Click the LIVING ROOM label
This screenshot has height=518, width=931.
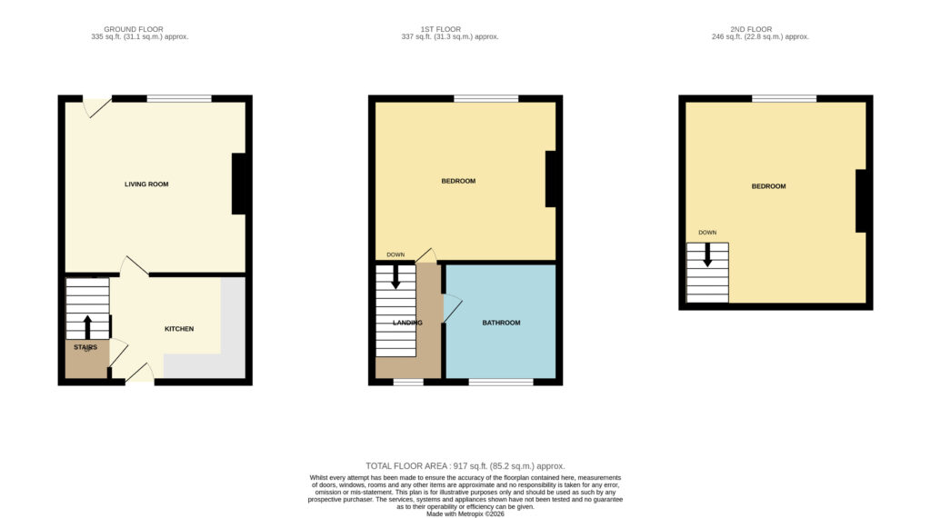[x=146, y=184]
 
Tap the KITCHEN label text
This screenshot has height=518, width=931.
[x=179, y=329]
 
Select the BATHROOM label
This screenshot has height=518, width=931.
[x=501, y=323]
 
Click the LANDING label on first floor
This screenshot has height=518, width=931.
[x=407, y=323]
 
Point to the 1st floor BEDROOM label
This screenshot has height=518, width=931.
[x=458, y=181]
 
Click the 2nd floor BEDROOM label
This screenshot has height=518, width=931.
[x=768, y=186]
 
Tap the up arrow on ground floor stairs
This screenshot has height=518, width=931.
[x=87, y=327]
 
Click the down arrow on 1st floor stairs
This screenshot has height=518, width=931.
[x=395, y=276]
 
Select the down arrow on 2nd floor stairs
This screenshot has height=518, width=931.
[x=707, y=254]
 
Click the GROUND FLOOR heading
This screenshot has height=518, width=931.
[x=134, y=29]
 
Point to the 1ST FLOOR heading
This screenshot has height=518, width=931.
[x=441, y=29]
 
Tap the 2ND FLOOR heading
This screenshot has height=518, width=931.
[x=751, y=29]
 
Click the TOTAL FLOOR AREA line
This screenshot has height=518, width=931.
[x=465, y=466]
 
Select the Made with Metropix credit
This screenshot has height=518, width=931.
[x=465, y=513]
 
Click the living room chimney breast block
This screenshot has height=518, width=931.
[x=239, y=184]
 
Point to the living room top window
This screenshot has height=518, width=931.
[x=179, y=98]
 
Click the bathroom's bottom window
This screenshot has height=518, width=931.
[x=501, y=382]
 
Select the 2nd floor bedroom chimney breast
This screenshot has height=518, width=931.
[x=861, y=201]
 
